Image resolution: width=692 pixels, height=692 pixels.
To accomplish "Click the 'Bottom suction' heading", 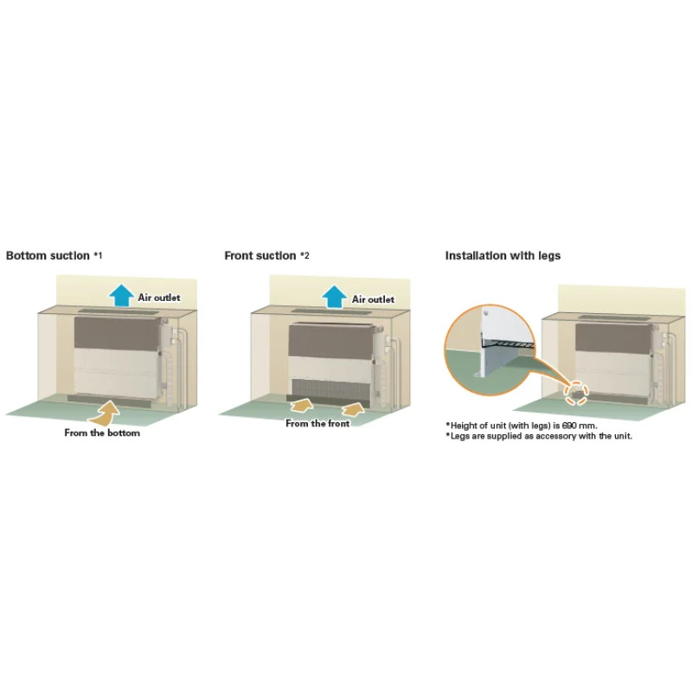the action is point(48,255).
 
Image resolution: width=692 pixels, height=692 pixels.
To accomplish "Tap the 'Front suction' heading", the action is point(260,255).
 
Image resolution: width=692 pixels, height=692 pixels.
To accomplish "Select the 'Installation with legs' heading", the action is point(503,255).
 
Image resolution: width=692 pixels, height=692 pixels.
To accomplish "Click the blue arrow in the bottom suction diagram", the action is point(122,295).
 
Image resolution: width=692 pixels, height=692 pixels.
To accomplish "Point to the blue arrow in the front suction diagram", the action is point(334,297).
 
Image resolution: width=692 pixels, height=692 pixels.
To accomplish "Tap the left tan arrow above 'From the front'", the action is point(302,405).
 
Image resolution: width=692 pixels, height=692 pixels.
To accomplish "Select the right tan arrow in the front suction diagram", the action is point(354,408).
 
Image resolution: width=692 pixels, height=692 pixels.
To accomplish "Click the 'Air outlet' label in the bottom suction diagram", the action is point(159,298).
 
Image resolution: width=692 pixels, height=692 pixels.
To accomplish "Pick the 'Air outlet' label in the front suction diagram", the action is point(373,299).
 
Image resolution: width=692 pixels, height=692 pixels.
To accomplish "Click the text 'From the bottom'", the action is point(102,433).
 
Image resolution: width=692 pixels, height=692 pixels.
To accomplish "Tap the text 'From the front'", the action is point(317,423).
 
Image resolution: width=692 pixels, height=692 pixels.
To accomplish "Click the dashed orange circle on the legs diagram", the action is point(577,393).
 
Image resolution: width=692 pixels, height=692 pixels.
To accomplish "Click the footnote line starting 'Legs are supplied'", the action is point(539,436).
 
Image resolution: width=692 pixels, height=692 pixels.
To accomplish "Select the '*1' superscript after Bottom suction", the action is point(98,255).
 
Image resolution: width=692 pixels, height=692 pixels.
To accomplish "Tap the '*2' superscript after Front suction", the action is point(304,255).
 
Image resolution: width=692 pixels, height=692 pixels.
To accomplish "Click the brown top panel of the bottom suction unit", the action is point(117,334).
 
